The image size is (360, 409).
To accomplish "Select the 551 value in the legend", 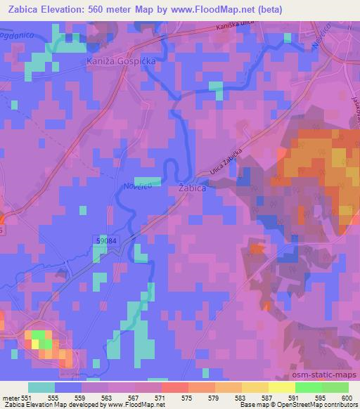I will (x=26, y=397).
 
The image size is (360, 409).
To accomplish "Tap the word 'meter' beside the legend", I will (x=10, y=397).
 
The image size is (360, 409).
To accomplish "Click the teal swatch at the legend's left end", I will (x=41, y=387).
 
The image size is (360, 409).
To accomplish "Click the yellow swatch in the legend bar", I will (x=282, y=387).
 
